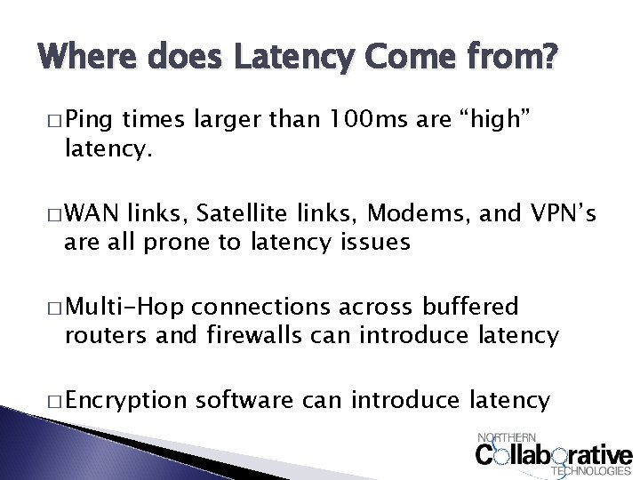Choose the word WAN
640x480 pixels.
point(92,213)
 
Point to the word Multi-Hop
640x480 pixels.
point(124,308)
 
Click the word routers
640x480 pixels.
point(108,335)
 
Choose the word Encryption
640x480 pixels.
point(121,401)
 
